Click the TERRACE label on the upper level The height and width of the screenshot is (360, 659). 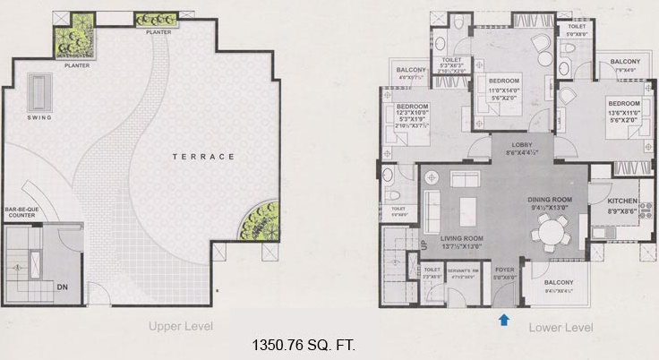204,156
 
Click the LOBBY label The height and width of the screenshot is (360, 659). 522,145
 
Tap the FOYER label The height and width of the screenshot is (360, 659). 503,270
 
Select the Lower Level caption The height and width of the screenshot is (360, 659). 560,327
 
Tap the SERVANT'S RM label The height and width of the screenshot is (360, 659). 464,270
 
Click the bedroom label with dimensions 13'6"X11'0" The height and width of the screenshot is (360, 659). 624,102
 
